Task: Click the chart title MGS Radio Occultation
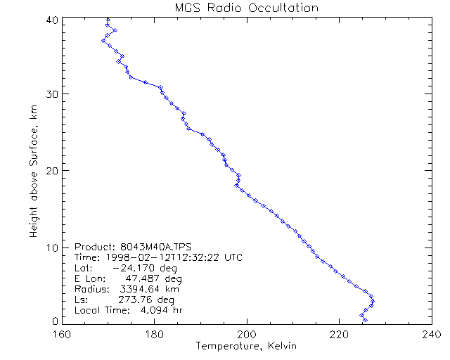click(246, 8)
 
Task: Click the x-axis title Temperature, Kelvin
click(246, 346)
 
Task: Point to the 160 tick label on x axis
click(62, 334)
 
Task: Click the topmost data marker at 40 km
click(108, 20)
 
